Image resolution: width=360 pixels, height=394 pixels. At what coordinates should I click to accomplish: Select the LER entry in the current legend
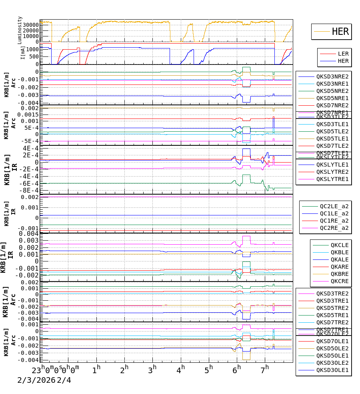pyautogui.click(x=343, y=54)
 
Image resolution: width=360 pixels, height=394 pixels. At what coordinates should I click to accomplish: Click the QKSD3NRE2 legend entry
pyautogui.click(x=332, y=76)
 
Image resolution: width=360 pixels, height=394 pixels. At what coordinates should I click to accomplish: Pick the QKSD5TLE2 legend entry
pyautogui.click(x=332, y=131)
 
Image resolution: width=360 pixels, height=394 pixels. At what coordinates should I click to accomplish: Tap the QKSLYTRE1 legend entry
pyautogui.click(x=332, y=179)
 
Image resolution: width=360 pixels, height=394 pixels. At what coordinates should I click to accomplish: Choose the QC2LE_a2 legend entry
pyautogui.click(x=334, y=206)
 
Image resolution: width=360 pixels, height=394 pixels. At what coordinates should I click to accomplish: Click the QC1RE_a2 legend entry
pyautogui.click(x=334, y=221)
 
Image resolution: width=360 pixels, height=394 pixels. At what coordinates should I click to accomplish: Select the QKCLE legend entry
pyautogui.click(x=340, y=245)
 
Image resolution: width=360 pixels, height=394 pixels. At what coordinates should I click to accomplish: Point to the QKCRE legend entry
pyautogui.click(x=340, y=281)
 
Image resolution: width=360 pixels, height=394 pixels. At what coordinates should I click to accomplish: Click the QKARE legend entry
pyautogui.click(x=340, y=267)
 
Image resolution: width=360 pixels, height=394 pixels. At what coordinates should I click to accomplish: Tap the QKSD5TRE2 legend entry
pyautogui.click(x=332, y=308)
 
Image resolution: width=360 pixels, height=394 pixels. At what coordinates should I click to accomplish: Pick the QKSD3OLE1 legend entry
pyautogui.click(x=332, y=370)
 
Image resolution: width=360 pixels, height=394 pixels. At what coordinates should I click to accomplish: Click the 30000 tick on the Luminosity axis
pyautogui.click(x=31, y=24)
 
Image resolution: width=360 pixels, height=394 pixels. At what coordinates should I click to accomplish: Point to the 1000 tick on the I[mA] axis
pyautogui.click(x=33, y=49)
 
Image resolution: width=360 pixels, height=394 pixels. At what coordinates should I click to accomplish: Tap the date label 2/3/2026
pyautogui.click(x=36, y=380)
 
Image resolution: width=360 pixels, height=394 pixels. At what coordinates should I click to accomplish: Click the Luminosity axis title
pyautogui.click(x=20, y=30)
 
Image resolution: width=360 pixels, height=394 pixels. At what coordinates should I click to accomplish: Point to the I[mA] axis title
pyautogui.click(x=23, y=53)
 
